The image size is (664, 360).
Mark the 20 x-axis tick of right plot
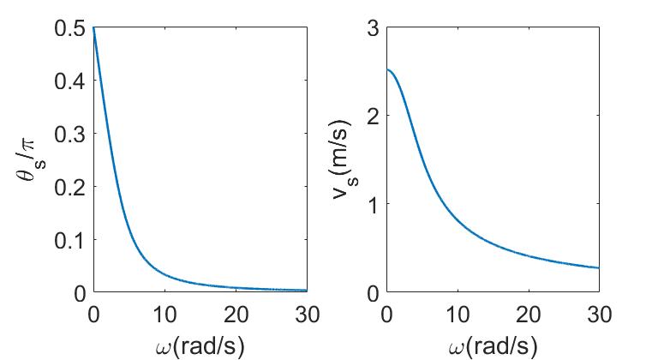coord(529,315)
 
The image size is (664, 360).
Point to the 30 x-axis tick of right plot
coord(599,315)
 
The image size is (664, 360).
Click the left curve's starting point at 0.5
coord(93,28)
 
